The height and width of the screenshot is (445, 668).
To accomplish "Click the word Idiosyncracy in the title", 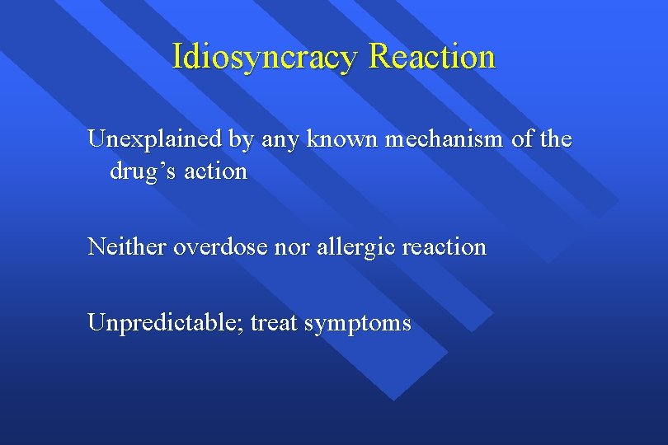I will coord(266,57).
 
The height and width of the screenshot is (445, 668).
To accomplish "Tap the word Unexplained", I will coord(155,139).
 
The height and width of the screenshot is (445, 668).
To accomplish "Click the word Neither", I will coord(127,246).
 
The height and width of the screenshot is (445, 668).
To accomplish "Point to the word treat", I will coord(274,322).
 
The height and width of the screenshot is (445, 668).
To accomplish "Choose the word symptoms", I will coord(357,323).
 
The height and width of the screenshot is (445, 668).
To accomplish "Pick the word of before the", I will coord(523,139).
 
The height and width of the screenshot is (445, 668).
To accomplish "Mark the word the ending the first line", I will coord(556,139).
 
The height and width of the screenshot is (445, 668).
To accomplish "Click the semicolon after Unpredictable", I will coord(241,324).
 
